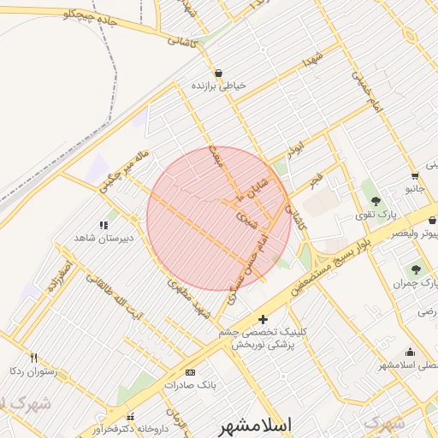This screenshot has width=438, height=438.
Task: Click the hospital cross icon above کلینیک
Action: [x=262, y=319]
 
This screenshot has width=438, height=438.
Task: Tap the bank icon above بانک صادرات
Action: [x=190, y=372]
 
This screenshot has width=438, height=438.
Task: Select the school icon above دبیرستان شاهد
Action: [x=104, y=225]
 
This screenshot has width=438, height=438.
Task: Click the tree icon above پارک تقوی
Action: [x=376, y=201]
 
